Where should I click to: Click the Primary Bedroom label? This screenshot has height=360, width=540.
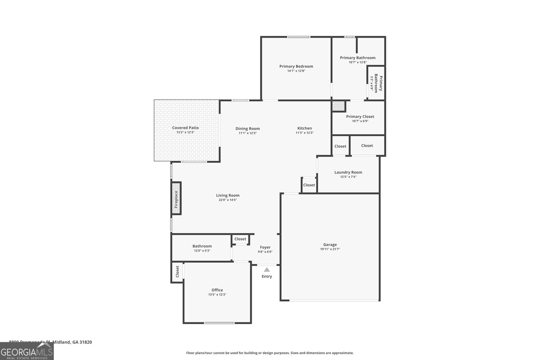coord(296,67)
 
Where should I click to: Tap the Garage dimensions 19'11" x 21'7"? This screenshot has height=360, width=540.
coord(330,249)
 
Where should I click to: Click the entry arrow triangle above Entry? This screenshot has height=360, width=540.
coord(267,269)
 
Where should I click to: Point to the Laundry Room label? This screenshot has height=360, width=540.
coord(348,172)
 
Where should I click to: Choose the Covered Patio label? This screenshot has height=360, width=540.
coord(185,128)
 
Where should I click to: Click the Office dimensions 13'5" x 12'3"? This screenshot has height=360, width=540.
coord(217,294)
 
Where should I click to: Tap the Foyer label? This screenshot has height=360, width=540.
coord(265,247)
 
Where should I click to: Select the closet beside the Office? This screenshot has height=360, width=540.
coord(177,272)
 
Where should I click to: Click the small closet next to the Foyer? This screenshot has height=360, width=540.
coord(240,239)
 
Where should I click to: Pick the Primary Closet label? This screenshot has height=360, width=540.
coord(360,117)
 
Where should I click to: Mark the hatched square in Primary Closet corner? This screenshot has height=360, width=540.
coord(339,106)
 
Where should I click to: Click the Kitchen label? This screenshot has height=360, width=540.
coord(304,128)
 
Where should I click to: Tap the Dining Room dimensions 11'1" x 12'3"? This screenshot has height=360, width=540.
coord(247,133)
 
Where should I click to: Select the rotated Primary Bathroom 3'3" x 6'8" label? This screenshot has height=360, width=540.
coord(376,83)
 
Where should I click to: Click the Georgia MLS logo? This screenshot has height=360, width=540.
coord(27,351)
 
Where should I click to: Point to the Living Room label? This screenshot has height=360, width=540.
coord(227,195)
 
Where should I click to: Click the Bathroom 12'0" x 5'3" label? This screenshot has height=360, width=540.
coord(202,248)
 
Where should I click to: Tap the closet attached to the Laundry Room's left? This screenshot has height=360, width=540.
coord(309,185)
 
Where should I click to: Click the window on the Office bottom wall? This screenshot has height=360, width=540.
coord(219,323)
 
